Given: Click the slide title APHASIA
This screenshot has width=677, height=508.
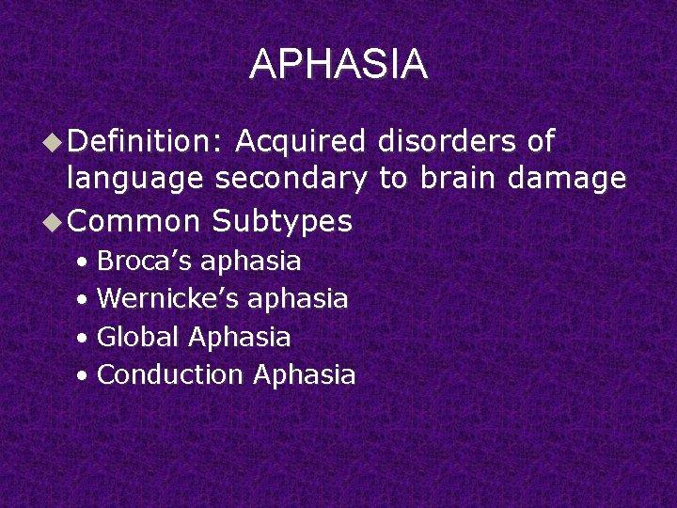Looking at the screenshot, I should click(338, 65).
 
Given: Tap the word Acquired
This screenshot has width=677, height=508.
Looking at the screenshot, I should click(300, 141).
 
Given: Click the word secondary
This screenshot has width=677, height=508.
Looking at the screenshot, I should click(291, 179).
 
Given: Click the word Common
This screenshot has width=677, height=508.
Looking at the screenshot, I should click(134, 221).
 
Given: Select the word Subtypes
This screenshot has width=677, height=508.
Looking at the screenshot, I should click(282, 221).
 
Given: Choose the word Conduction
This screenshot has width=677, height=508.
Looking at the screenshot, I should click(170, 374).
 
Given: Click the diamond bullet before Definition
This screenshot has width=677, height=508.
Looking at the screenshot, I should click(55, 142).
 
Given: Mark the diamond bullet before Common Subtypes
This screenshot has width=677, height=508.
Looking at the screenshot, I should click(55, 222).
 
